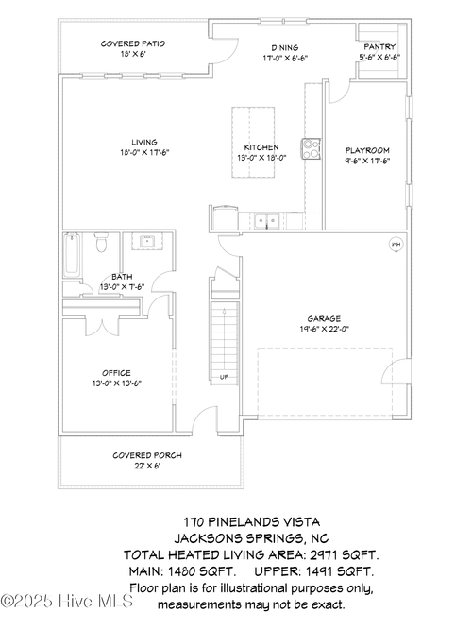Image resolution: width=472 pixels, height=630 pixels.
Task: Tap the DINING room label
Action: (x=284, y=47)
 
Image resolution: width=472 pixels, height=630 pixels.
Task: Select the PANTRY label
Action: (x=379, y=46)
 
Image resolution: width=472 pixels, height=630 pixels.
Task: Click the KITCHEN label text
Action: (x=261, y=147)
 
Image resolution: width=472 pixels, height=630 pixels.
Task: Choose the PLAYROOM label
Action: (x=367, y=150)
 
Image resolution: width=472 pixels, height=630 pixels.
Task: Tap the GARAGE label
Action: (x=323, y=318)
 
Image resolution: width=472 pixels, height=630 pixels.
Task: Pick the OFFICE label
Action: (x=117, y=372)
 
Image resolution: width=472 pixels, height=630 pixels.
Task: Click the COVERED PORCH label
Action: (x=147, y=455)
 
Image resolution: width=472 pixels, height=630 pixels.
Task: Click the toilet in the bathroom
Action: (x=102, y=246)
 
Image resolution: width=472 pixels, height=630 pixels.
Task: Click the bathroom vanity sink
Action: (x=147, y=243)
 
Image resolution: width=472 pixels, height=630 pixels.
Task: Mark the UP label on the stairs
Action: (x=224, y=377)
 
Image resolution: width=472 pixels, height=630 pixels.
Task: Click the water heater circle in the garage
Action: (x=396, y=245)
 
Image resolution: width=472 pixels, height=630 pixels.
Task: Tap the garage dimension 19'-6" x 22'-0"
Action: (x=323, y=329)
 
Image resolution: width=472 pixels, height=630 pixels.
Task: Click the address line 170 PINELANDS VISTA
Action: (x=250, y=520)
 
